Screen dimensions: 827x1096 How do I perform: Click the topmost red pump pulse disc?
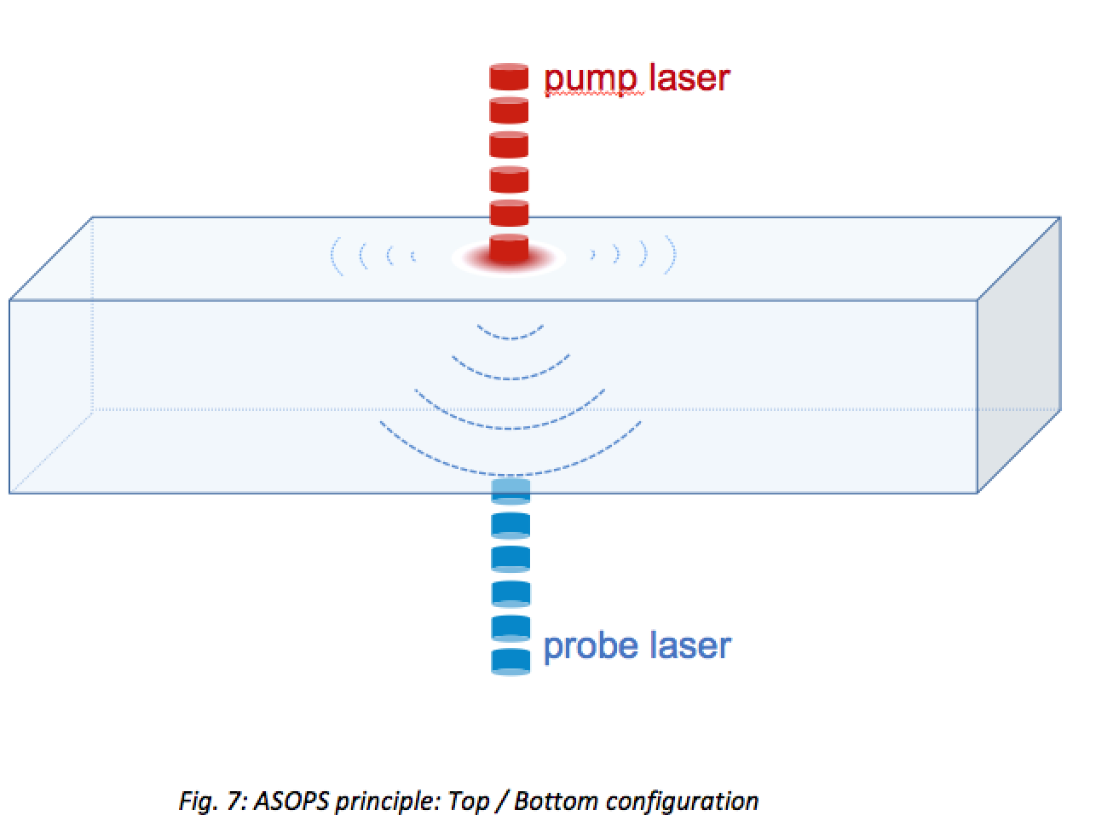pyautogui.click(x=509, y=77)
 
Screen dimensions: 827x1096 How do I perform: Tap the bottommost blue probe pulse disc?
pyautogui.click(x=511, y=661)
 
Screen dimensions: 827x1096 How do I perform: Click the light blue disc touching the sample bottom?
pyautogui.click(x=511, y=491)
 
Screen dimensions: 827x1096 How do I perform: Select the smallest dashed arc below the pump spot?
pyautogui.click(x=510, y=335)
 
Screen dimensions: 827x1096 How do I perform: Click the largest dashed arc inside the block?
pyautogui.click(x=510, y=471)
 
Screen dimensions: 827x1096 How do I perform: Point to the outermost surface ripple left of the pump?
pyautogui.click(x=335, y=256)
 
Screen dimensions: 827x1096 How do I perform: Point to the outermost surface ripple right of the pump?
pyautogui.click(x=672, y=255)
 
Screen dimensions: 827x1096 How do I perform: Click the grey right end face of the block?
pyautogui.click(x=1019, y=358)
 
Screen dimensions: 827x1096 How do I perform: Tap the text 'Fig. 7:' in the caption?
pyautogui.click(x=211, y=801)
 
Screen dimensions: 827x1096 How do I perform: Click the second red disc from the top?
pyautogui.click(x=509, y=111)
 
